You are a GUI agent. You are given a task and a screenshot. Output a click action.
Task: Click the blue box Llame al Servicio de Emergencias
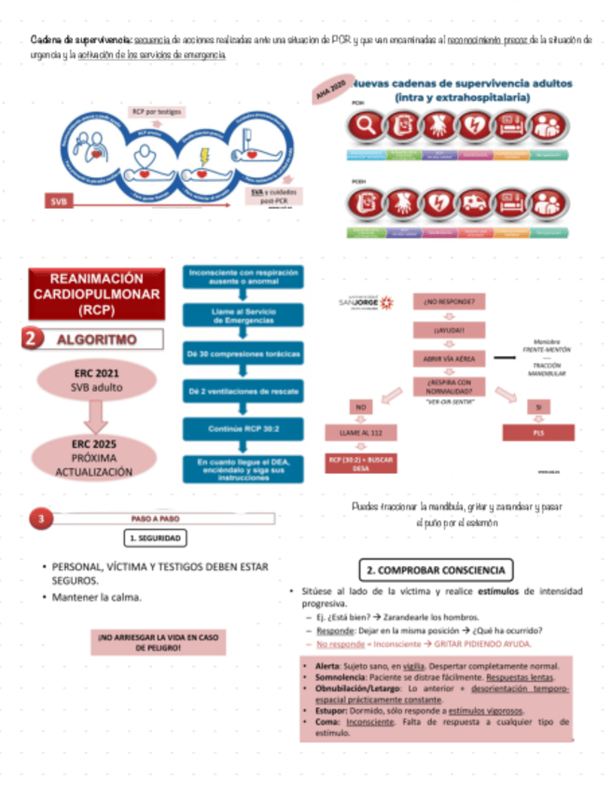coord(242,315)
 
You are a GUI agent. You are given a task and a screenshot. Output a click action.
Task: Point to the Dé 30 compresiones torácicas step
coord(242,355)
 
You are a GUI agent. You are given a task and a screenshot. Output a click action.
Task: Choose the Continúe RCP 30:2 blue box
coord(242,429)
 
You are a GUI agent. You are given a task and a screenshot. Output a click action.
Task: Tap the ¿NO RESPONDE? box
coord(449,302)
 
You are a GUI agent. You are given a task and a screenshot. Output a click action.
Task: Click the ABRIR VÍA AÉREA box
coord(449,358)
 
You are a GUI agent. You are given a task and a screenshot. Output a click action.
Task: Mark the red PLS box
coord(538,433)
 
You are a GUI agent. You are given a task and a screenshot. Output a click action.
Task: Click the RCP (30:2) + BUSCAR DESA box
coord(360,463)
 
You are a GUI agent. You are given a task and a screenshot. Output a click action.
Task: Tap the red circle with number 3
coord(40,519)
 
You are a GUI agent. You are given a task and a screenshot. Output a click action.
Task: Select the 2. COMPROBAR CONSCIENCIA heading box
coord(436,569)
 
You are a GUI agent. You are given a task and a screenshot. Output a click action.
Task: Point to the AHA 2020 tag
coord(330,90)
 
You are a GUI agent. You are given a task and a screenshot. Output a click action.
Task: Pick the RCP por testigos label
coord(156,112)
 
